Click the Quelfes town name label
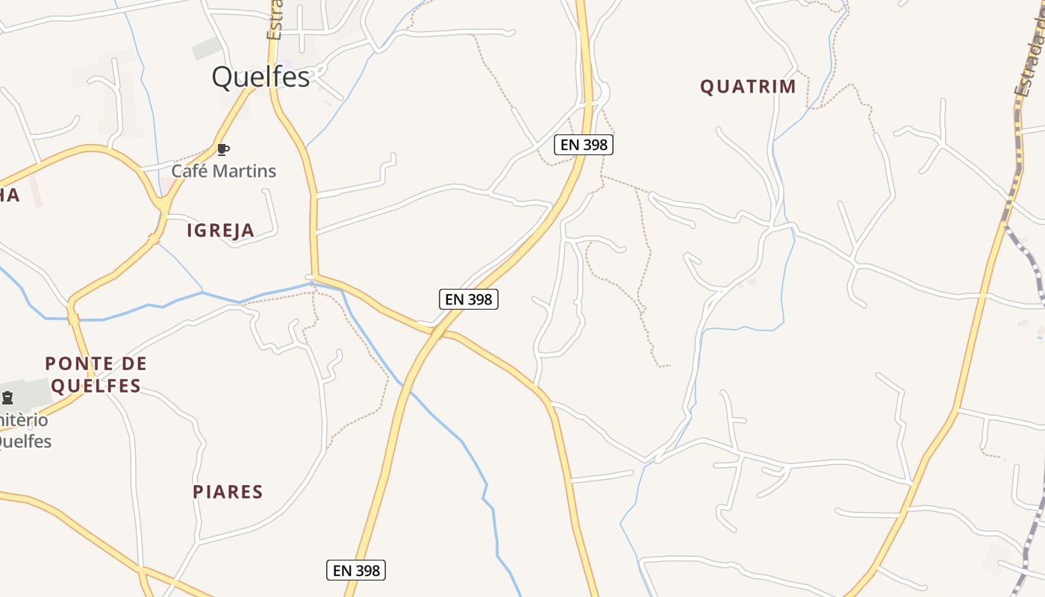point(261,77)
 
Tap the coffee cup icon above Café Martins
point(222,149)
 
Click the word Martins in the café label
point(243,171)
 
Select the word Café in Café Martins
point(189,171)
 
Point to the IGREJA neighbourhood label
point(220,231)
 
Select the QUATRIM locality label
point(748,87)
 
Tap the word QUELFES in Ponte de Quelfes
point(96,386)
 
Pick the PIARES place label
point(228,492)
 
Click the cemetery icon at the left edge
point(7,397)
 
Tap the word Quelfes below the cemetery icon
point(24,441)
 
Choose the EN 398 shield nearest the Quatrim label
point(583,145)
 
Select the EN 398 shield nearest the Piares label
point(356,571)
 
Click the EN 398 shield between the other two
point(468,299)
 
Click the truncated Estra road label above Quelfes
point(275,21)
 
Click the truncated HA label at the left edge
point(9,196)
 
